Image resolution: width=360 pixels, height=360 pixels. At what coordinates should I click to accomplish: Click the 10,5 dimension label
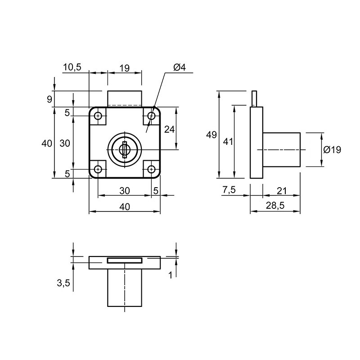pos(72,67)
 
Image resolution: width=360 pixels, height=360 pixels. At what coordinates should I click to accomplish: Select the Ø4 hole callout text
pos(179,67)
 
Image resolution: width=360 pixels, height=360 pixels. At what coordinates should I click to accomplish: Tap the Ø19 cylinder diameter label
pos(332,150)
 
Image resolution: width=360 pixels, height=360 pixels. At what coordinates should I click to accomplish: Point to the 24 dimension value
pos(170,130)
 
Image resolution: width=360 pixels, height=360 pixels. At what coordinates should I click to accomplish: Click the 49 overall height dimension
pos(211,135)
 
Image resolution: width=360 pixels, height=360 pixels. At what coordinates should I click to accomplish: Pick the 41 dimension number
pos(228,142)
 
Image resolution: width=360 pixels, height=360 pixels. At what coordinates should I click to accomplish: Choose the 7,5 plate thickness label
pos(229,190)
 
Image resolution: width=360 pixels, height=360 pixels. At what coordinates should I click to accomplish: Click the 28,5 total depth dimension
pos(275,206)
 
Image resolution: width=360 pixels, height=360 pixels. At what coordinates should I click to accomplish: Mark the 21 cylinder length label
pos(282,191)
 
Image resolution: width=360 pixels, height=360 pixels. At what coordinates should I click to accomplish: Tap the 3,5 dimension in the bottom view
pos(63,283)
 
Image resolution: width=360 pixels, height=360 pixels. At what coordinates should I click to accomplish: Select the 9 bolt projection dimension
pos(49,99)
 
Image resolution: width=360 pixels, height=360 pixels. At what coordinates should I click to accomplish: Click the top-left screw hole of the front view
pos(99,116)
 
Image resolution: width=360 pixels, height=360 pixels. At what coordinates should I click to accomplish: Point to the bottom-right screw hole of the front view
pos(151,170)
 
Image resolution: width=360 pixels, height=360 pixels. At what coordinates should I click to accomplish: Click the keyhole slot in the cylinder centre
pos(125,150)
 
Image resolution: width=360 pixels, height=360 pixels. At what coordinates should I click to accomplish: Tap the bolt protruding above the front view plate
pos(125,99)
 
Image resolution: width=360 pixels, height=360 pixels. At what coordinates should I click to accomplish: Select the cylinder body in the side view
pos(282,150)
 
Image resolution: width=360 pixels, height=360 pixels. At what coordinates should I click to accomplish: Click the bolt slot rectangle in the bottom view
pos(125,261)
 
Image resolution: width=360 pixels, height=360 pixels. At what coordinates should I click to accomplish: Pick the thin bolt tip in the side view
pos(254,99)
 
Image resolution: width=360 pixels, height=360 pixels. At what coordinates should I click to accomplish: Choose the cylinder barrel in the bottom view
pos(125,288)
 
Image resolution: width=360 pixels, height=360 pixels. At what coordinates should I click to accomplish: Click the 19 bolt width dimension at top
pos(125,68)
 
